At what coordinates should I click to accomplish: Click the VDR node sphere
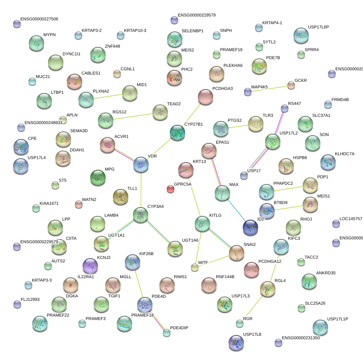(x=141, y=164)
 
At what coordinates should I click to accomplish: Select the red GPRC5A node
(x=171, y=189)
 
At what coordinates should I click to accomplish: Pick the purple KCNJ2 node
(x=90, y=265)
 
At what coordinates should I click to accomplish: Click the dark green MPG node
(x=98, y=177)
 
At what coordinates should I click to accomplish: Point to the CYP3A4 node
(x=141, y=215)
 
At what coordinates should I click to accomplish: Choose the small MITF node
(x=195, y=267)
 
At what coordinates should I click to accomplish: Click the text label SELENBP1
(x=192, y=31)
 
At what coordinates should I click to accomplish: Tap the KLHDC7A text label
(x=345, y=154)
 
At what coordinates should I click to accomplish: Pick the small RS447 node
(x=285, y=108)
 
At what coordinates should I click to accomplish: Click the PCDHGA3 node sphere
(x=206, y=97)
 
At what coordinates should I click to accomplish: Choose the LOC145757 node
(x=336, y=223)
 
